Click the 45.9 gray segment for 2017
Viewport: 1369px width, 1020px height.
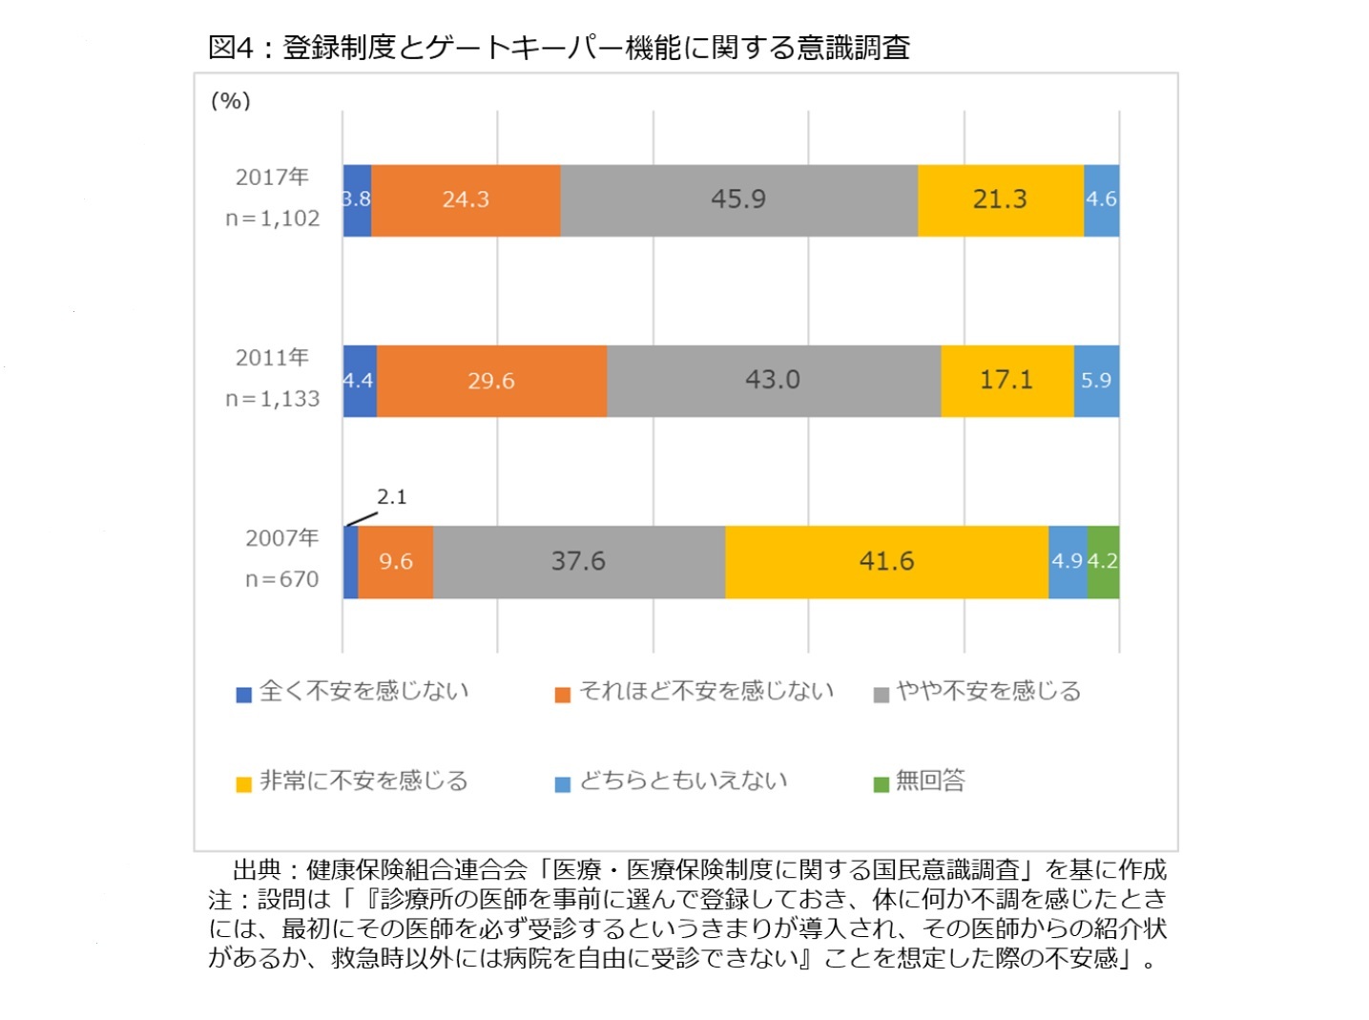click(x=738, y=199)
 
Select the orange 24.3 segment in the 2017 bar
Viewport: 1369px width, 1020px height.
click(x=466, y=199)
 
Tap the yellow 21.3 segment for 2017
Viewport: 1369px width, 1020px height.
click(x=1000, y=199)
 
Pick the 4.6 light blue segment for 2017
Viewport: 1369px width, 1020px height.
click(x=1101, y=199)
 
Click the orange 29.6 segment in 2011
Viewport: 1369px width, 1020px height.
click(x=491, y=381)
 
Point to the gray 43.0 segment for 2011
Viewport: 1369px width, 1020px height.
click(x=773, y=381)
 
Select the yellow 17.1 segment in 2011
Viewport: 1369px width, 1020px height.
click(x=1006, y=381)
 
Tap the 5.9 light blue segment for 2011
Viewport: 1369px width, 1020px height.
click(x=1096, y=381)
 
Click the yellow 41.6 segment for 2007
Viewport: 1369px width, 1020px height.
click(x=886, y=562)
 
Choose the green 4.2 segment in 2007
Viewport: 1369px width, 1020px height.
click(x=1103, y=562)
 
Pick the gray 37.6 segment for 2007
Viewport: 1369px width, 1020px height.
click(x=578, y=562)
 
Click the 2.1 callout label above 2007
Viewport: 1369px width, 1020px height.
click(x=391, y=497)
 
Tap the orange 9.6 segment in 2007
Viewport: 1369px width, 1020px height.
click(x=395, y=562)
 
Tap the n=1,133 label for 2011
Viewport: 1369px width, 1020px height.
click(x=272, y=399)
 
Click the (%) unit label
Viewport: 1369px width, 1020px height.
click(x=230, y=101)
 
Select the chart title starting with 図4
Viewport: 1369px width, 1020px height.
click(x=558, y=47)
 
